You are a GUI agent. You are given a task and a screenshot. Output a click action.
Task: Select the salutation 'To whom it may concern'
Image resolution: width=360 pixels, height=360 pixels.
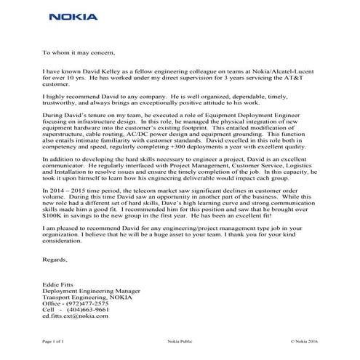pos(79,53)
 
